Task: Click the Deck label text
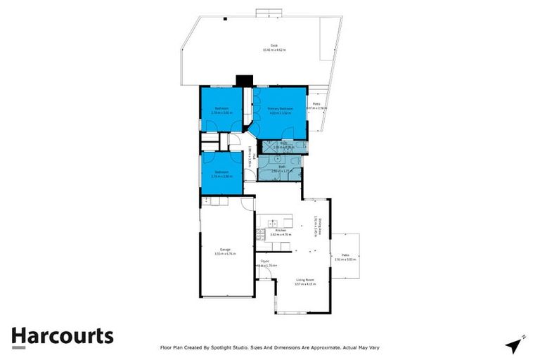point(264,46)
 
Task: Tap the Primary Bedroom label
point(280,108)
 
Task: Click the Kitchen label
point(280,231)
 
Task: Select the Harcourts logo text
point(62,336)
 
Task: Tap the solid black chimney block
point(244,80)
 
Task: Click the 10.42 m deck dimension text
point(265,50)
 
